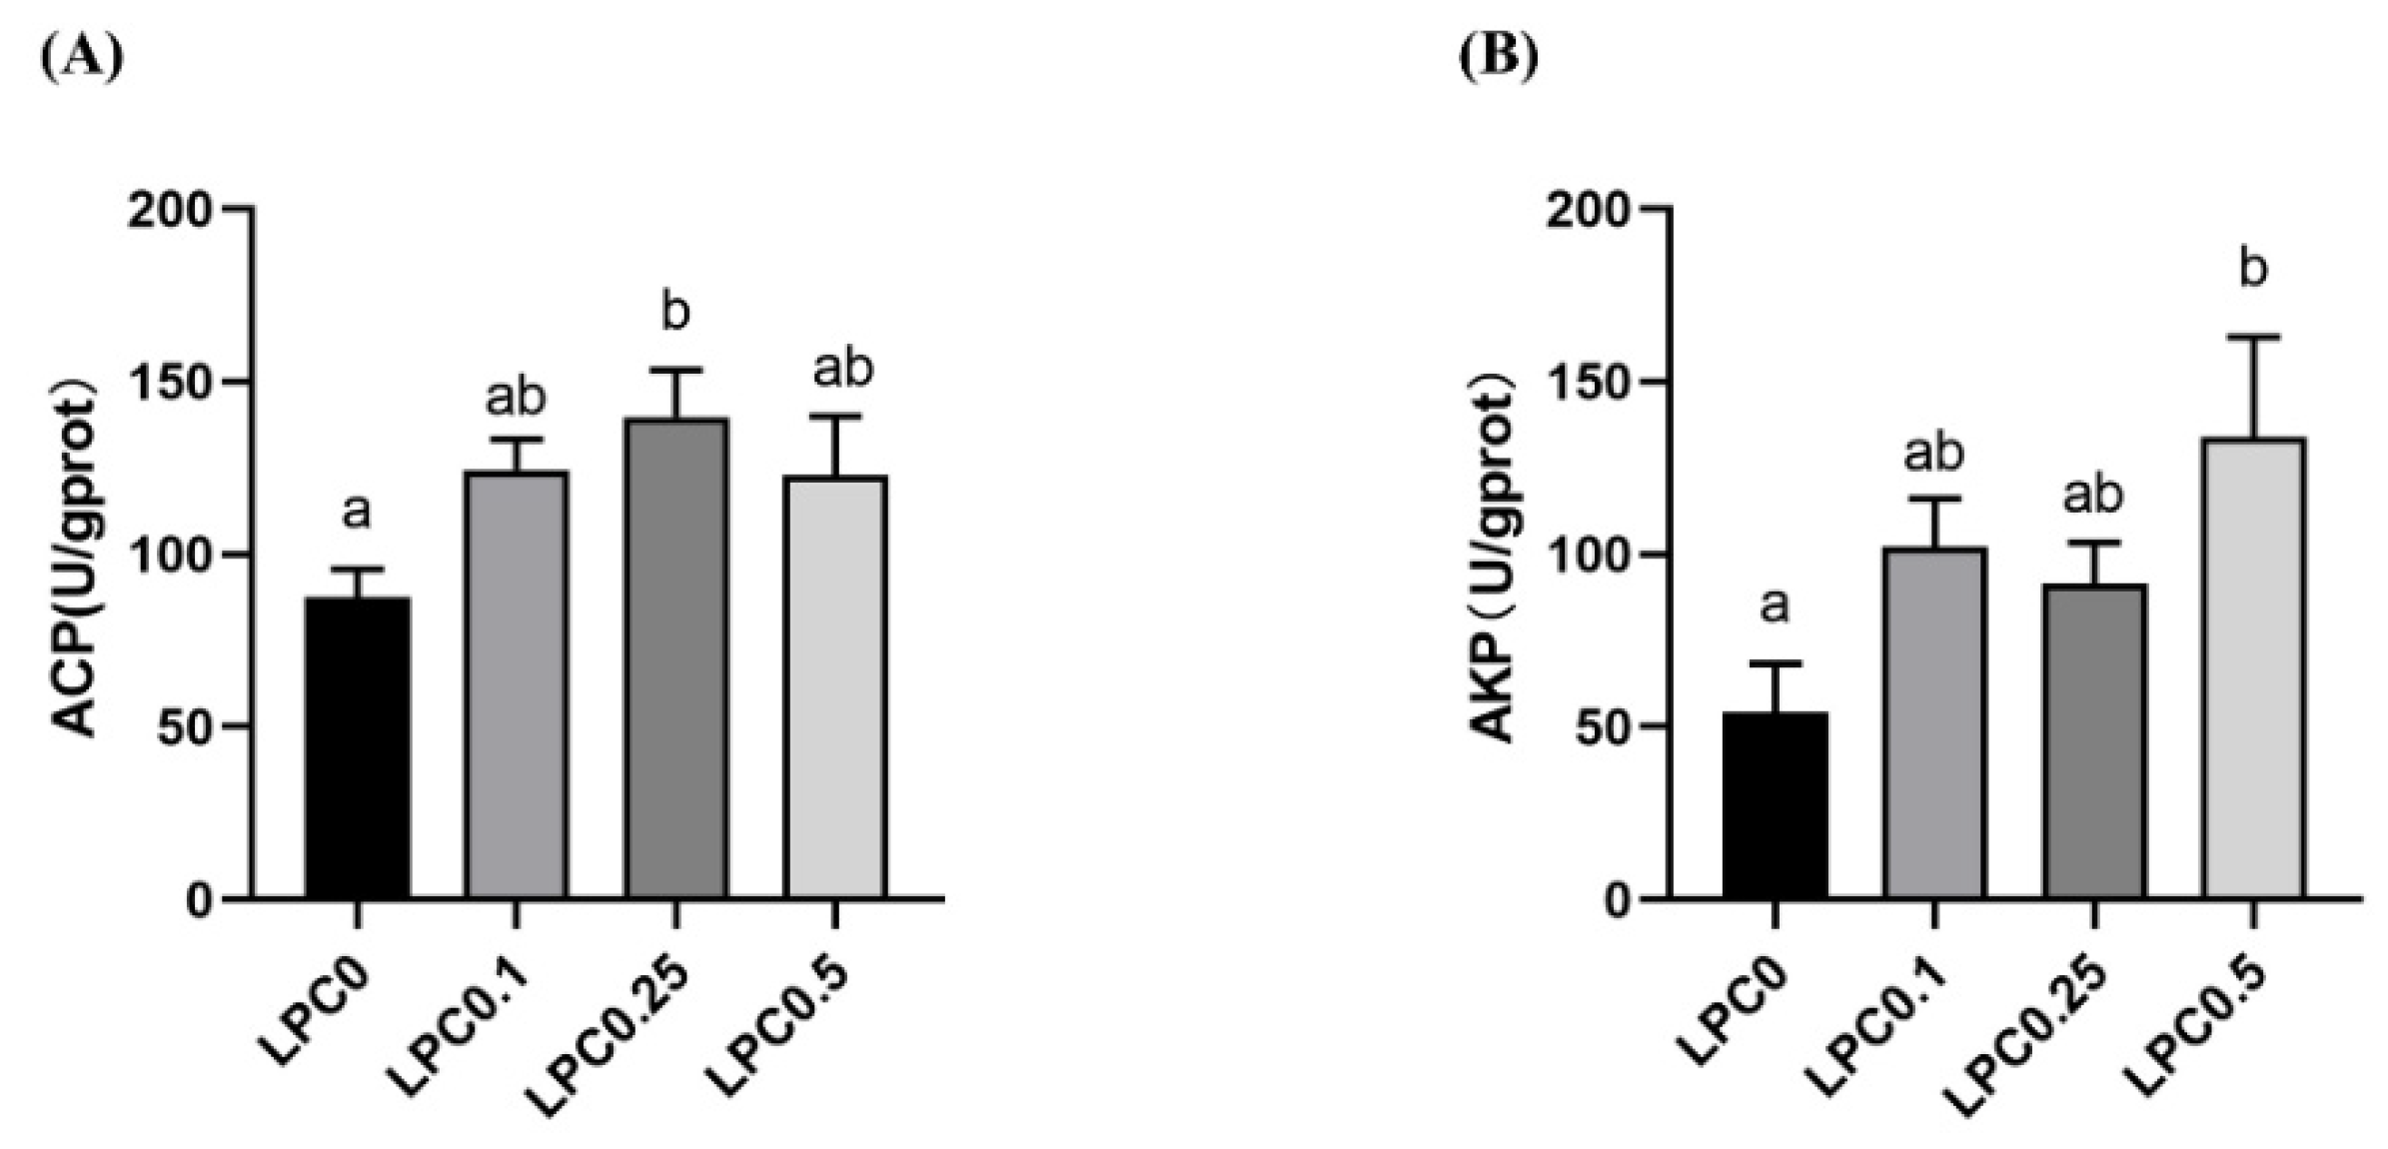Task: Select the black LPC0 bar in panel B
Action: tap(1775, 804)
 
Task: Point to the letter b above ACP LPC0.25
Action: tap(676, 312)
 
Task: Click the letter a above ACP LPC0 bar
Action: tap(357, 513)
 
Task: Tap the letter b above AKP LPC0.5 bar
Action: tap(2253, 269)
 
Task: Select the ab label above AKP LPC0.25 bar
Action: tap(2093, 496)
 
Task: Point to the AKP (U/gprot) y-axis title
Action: tap(1496, 566)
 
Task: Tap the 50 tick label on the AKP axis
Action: tap(1603, 727)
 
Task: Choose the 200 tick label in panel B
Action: tap(1589, 210)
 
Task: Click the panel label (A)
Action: tap(82, 58)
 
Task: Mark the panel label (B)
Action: tap(1499, 58)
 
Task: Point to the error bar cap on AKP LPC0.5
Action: tap(2253, 338)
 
